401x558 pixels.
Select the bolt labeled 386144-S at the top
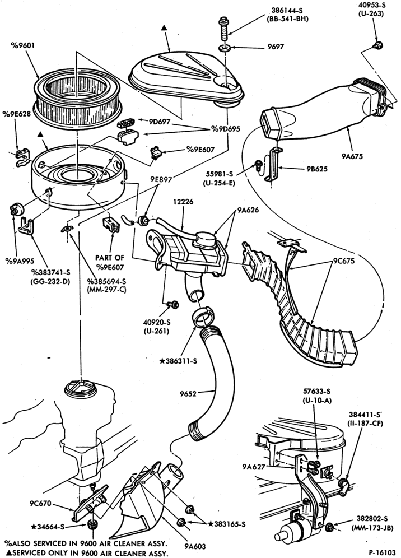click(223, 29)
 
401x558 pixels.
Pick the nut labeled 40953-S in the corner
click(377, 45)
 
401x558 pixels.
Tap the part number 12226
click(183, 202)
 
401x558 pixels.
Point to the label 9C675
click(344, 261)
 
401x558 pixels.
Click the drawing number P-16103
click(382, 552)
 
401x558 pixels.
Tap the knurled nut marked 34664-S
click(92, 526)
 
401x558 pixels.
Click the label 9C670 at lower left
click(40, 503)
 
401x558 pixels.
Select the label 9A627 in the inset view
click(254, 467)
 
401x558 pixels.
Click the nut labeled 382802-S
click(329, 526)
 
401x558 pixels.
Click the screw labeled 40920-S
click(174, 305)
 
